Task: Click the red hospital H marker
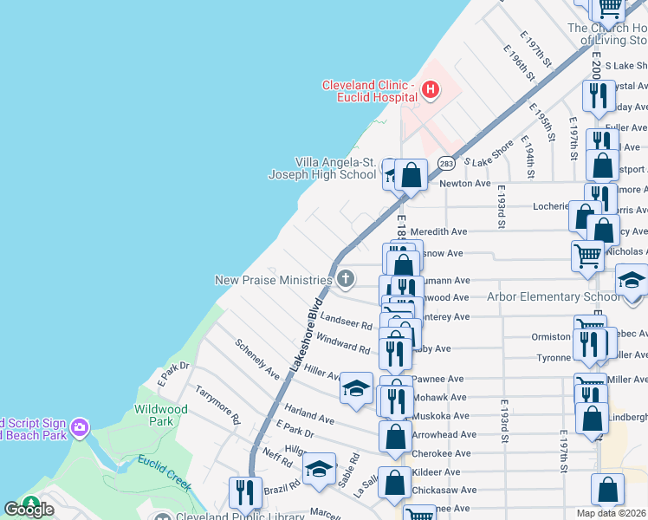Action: click(x=429, y=89)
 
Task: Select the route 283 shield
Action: click(x=446, y=163)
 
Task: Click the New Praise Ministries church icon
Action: click(x=346, y=279)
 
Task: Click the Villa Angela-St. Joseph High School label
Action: click(x=322, y=168)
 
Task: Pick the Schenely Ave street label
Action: click(x=257, y=358)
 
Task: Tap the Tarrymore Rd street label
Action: click(x=217, y=404)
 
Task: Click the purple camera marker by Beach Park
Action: click(x=80, y=427)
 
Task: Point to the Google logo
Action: click(x=29, y=509)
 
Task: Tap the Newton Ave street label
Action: click(x=465, y=184)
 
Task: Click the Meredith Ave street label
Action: click(x=438, y=231)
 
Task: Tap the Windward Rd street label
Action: click(x=343, y=343)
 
